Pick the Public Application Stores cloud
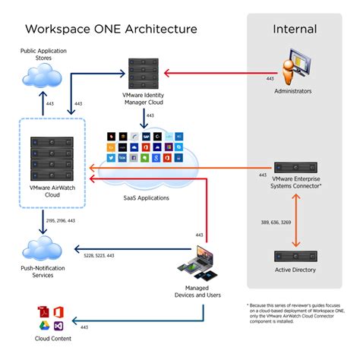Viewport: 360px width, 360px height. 42,76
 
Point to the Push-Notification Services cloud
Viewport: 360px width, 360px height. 43,249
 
